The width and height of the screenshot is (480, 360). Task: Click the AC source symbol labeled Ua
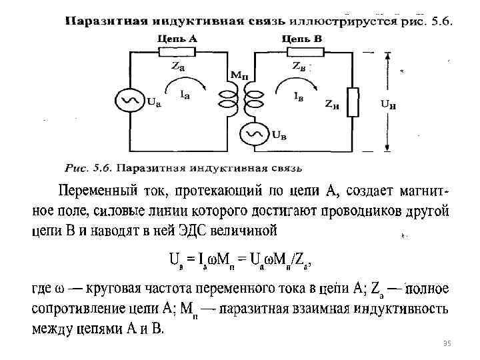click(127, 101)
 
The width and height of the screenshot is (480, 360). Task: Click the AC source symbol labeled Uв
click(254, 135)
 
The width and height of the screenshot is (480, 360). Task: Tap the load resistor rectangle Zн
click(355, 102)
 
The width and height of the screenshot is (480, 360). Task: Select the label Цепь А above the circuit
click(177, 39)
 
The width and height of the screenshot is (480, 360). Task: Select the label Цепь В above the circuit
click(302, 39)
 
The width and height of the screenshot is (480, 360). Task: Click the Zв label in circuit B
click(299, 66)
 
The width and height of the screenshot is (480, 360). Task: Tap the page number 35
click(447, 343)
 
